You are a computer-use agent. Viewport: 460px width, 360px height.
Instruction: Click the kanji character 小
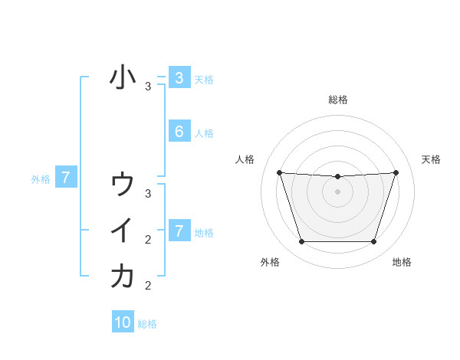tap(123, 77)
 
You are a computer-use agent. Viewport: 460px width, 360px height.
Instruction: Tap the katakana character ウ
tap(123, 185)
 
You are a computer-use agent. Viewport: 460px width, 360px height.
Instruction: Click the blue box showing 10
tap(123, 322)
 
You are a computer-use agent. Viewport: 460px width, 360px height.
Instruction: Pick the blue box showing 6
tap(179, 131)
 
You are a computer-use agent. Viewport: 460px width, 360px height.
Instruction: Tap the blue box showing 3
tap(179, 77)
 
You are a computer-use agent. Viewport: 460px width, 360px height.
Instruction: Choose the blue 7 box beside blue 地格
tap(179, 231)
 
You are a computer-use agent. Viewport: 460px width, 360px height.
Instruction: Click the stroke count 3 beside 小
tap(148, 87)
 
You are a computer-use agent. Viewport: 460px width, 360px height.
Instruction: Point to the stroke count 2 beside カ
tap(148, 286)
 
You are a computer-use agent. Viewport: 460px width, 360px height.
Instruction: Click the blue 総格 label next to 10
tap(147, 324)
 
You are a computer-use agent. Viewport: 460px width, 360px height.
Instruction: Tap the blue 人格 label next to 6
tap(204, 133)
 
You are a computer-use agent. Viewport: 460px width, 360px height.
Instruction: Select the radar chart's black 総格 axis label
tap(337, 100)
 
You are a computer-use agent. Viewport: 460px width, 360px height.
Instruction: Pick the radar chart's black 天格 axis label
tap(432, 159)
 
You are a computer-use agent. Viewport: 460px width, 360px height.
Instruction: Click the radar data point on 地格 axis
tap(374, 242)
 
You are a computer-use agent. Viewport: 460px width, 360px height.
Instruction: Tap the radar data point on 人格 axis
tap(279, 172)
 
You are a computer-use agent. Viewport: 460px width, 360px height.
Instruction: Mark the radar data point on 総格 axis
tap(337, 177)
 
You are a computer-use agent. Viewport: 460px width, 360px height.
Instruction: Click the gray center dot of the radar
tap(337, 191)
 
